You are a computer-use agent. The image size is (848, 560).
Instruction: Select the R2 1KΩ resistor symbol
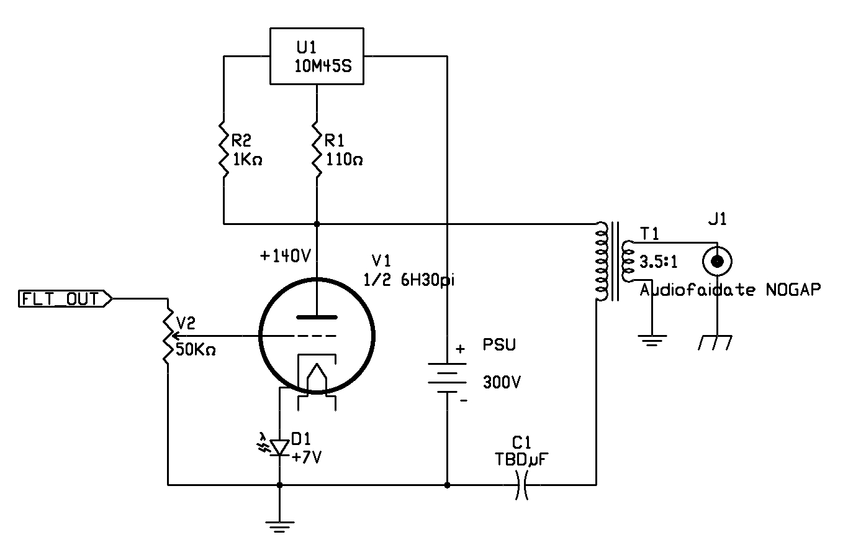223,149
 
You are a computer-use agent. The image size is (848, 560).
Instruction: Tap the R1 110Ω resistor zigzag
317,149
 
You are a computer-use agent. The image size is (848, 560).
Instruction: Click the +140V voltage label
286,257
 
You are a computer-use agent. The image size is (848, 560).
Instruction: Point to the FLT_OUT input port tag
65,299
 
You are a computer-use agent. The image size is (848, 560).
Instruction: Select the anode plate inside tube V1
317,317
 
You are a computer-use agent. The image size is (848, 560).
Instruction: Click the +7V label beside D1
306,457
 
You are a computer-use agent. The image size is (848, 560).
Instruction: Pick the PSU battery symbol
447,378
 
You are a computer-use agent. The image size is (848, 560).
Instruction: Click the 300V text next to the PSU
502,382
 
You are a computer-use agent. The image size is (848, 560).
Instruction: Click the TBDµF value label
521,459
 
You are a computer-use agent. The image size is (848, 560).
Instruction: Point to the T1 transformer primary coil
601,261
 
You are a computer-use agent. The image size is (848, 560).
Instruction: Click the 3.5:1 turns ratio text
658,262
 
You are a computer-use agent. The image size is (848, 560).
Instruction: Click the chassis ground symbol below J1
715,342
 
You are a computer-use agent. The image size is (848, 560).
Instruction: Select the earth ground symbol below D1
280,527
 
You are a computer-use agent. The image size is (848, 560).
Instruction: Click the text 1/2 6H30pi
409,280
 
